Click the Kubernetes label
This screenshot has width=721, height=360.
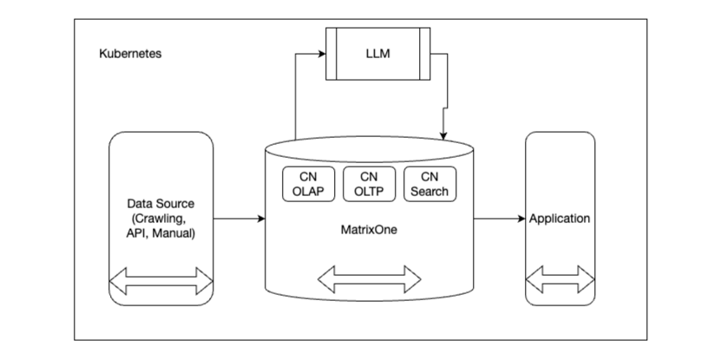130,54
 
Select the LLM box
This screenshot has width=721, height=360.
377,55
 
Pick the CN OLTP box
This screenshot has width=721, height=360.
370,183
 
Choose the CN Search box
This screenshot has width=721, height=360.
429,183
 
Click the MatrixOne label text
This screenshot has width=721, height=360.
370,231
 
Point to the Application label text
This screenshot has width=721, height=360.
560,219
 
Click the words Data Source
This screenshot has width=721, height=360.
161,203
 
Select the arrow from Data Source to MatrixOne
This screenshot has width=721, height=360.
238,219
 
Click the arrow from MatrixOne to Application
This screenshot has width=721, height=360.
499,219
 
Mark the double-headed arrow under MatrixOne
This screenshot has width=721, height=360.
370,279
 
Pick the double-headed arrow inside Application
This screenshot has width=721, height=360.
560,281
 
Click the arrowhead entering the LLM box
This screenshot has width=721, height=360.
320,55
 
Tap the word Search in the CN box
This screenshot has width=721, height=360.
429,191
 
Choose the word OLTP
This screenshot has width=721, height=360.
370,191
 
